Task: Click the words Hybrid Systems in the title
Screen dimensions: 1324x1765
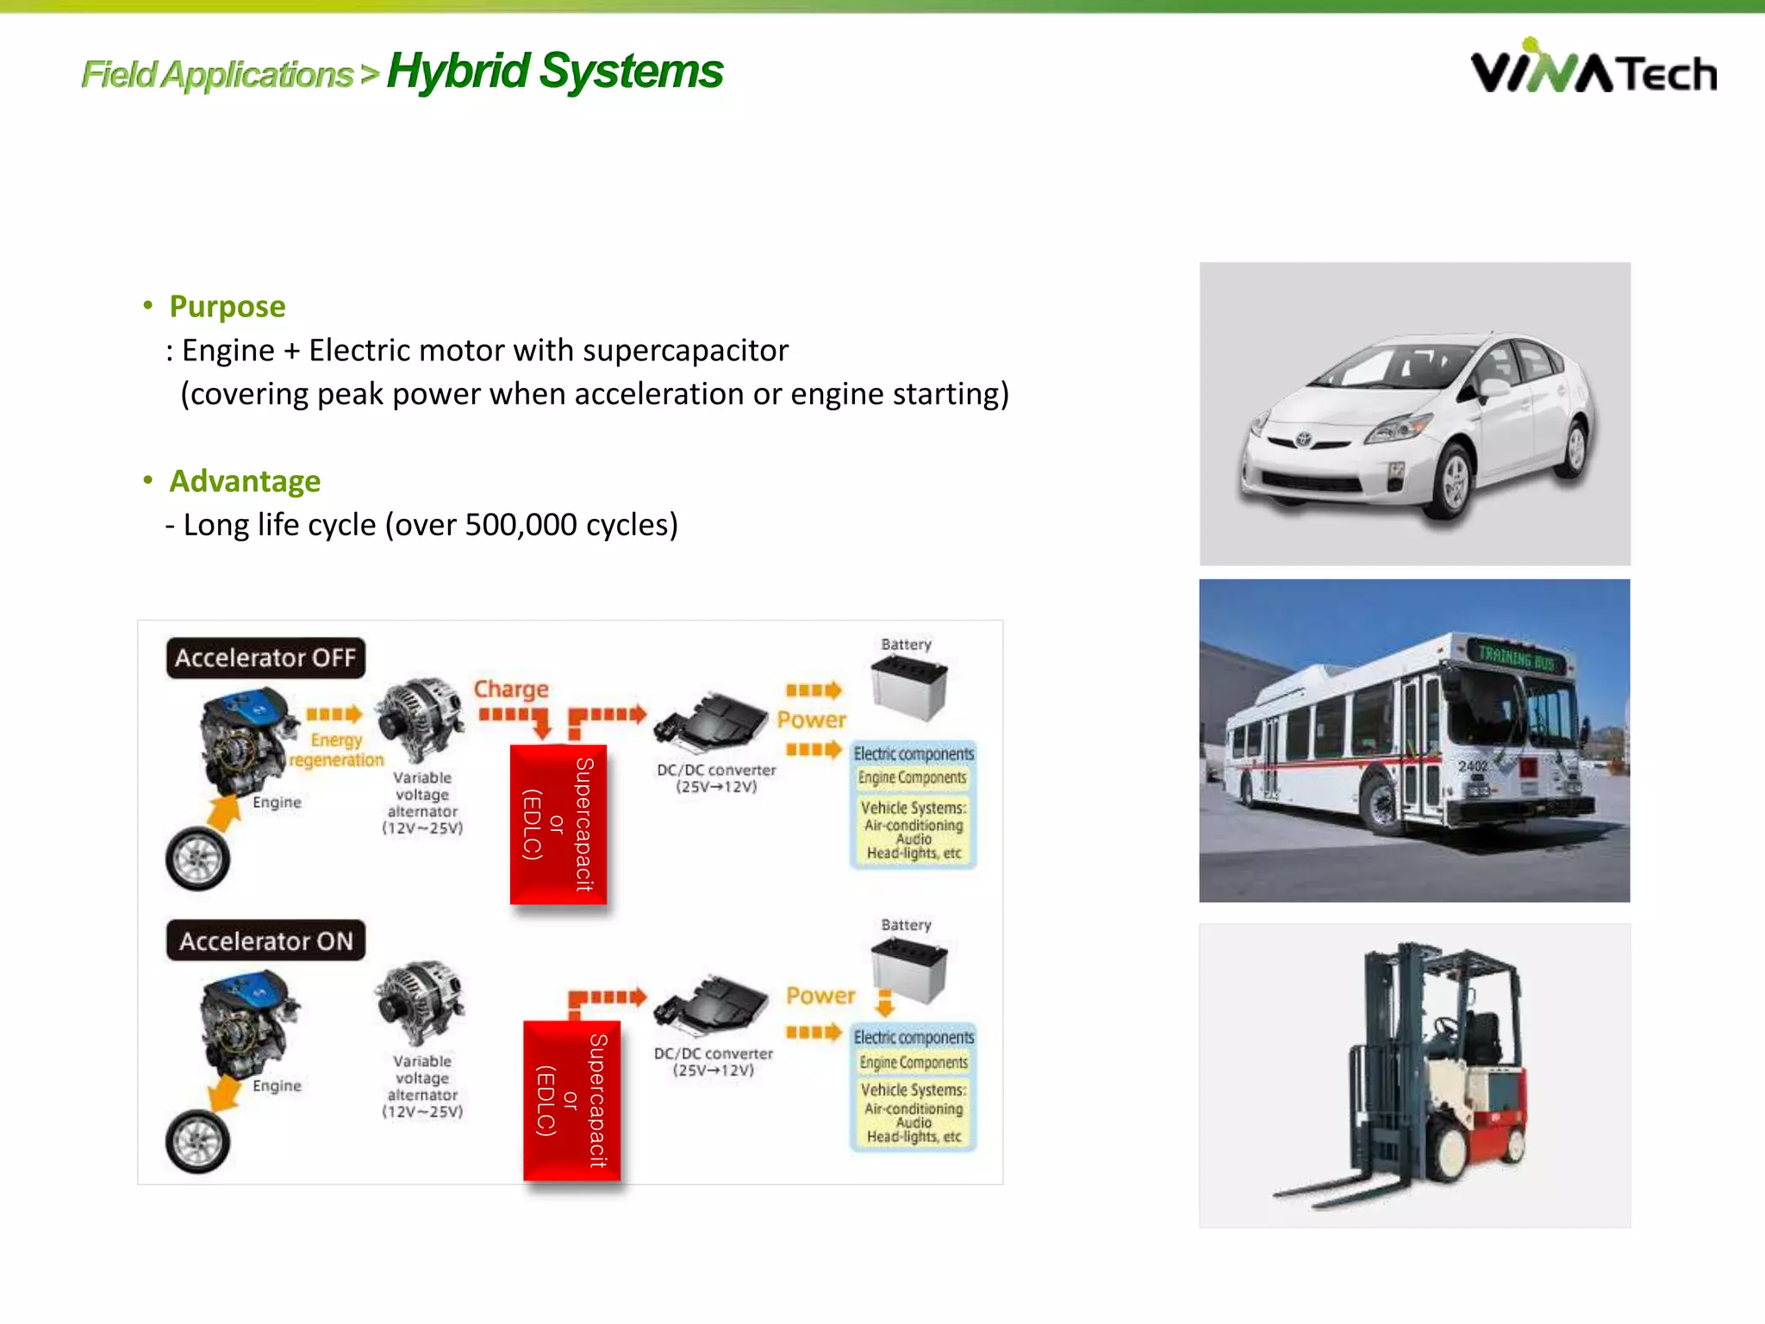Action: tap(555, 71)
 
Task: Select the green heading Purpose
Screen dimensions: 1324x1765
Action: tap(227, 307)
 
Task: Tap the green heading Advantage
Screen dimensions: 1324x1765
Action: tap(245, 481)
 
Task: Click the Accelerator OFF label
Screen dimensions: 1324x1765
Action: tap(265, 659)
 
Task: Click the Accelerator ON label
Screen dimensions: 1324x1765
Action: tap(265, 941)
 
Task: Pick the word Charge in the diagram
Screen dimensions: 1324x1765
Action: tap(511, 690)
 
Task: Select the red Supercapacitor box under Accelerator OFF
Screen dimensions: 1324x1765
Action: tap(558, 824)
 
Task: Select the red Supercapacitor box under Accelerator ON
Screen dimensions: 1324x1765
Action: tap(571, 1101)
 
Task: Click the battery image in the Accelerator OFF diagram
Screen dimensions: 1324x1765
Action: tap(908, 686)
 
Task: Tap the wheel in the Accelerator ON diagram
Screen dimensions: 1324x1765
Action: tap(198, 1142)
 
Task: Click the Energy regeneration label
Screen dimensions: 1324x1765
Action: tap(336, 751)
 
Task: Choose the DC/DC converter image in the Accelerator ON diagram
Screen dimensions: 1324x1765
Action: tap(711, 1004)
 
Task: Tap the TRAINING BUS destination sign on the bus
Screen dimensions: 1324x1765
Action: tap(1516, 659)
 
